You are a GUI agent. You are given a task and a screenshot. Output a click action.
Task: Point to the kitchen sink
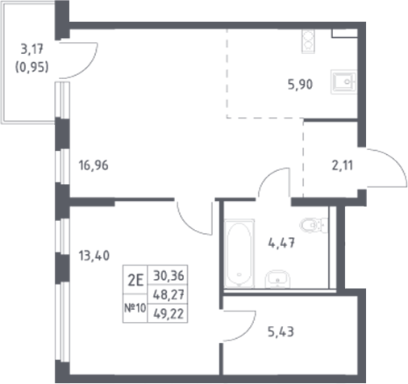345,82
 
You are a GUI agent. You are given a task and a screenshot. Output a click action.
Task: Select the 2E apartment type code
135,281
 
